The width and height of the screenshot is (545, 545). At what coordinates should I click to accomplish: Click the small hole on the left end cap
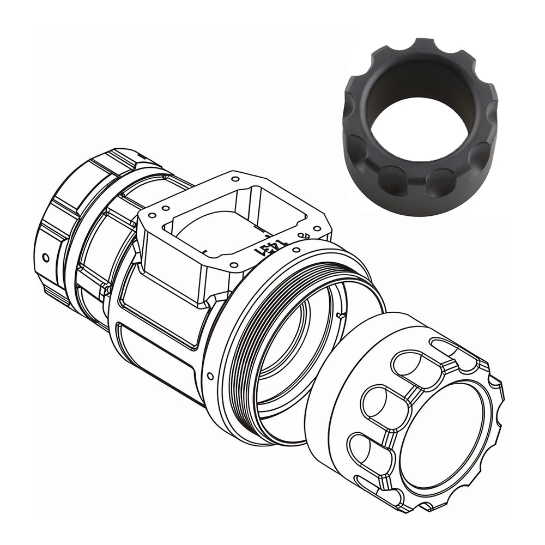pos(46,256)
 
